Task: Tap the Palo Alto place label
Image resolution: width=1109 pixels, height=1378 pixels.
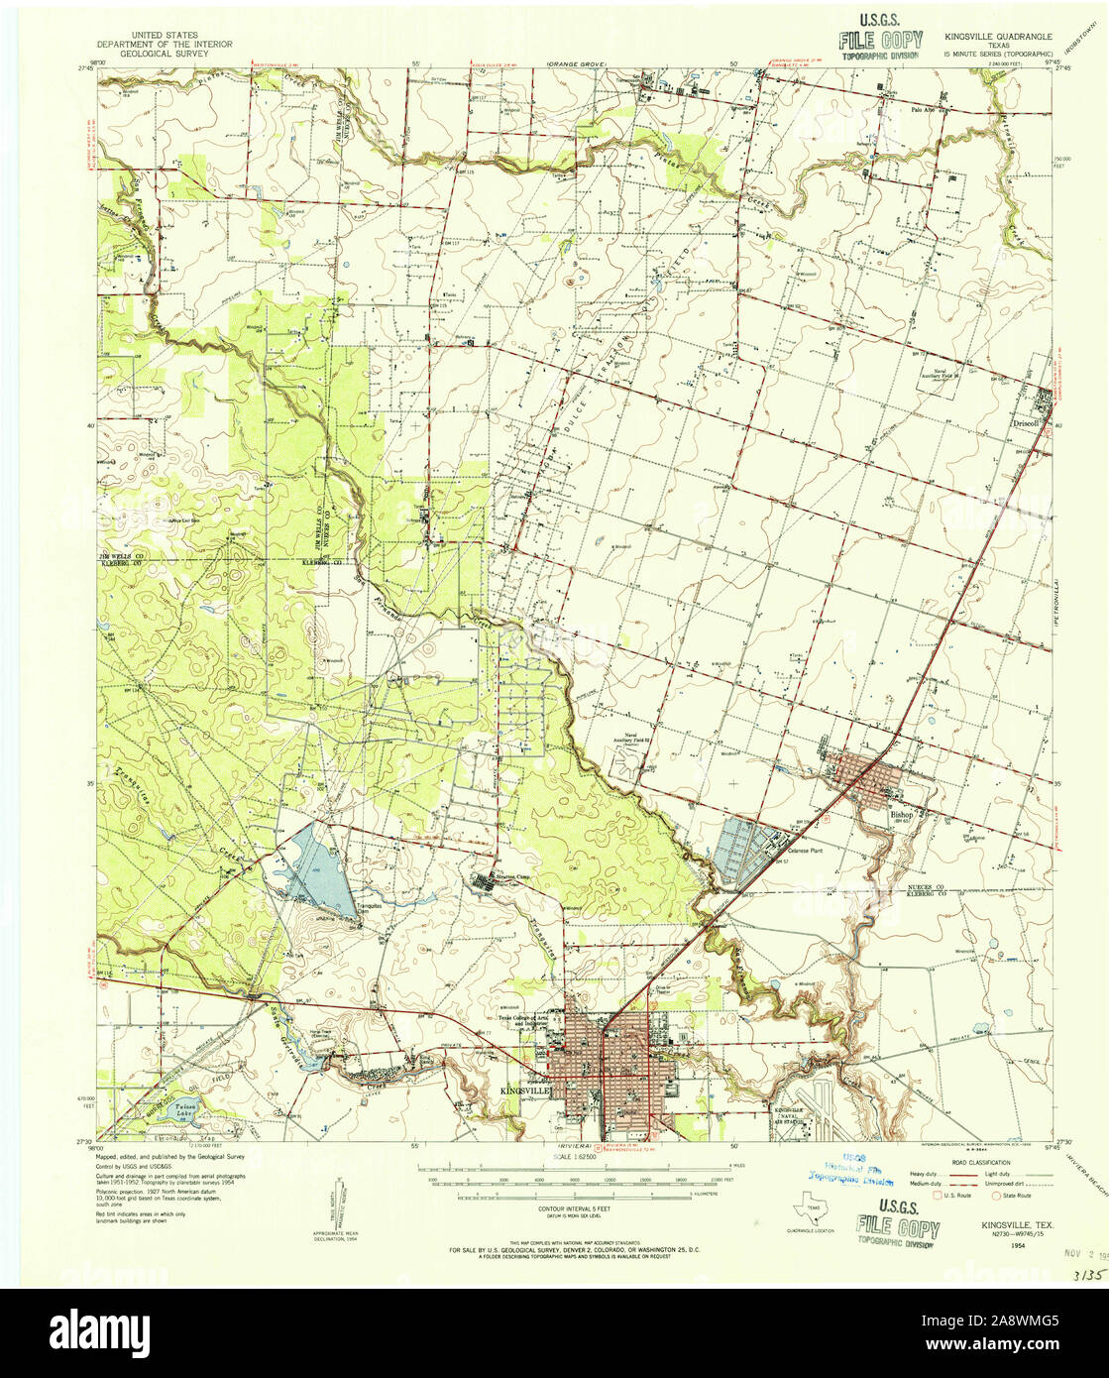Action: (924, 110)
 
